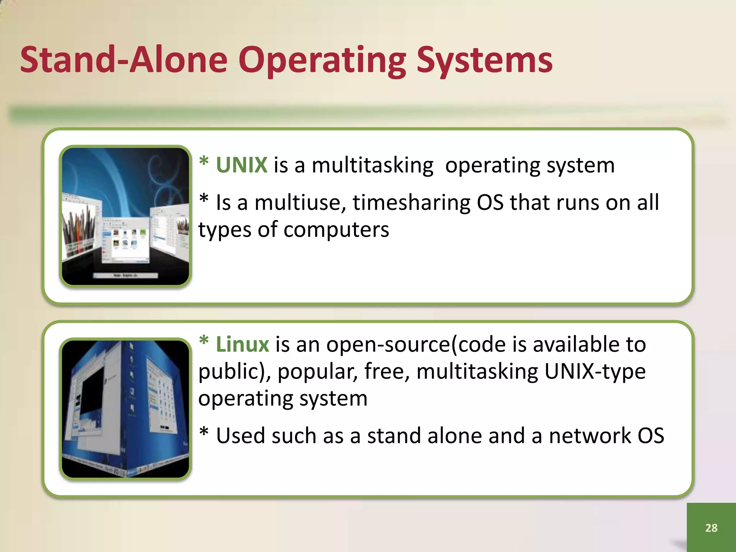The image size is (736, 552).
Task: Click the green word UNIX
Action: [x=241, y=165]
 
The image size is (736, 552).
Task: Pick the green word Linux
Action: [x=242, y=344]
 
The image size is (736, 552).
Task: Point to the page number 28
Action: [x=711, y=528]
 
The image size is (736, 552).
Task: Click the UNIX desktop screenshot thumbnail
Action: [x=125, y=216]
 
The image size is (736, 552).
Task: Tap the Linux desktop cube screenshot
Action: [x=125, y=409]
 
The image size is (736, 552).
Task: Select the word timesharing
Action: [x=411, y=203]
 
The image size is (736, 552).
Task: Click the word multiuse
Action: [x=300, y=203]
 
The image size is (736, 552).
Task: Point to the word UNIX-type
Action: [x=595, y=371]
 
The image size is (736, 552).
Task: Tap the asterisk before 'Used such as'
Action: [x=204, y=432]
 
